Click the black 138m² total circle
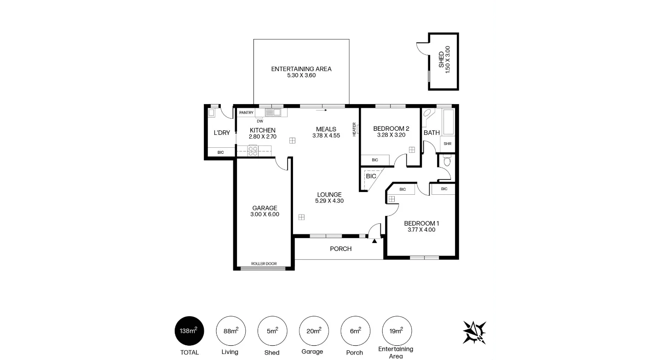tap(189, 331)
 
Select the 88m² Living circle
tap(230, 331)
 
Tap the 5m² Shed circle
tap(272, 331)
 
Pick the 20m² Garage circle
tap(314, 331)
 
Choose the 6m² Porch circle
tap(356, 331)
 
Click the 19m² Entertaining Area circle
tap(397, 331)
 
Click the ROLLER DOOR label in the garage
tap(264, 264)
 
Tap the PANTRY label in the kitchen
tap(247, 112)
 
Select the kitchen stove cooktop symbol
tap(253, 151)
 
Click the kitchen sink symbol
tap(273, 112)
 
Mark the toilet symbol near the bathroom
tap(447, 161)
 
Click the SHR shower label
tap(447, 144)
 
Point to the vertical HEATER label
tap(354, 129)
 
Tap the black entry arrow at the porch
tap(374, 240)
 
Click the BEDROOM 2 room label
tap(391, 128)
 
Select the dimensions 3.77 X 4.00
tap(421, 230)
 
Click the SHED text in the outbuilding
tap(441, 60)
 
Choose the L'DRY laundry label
tap(222, 133)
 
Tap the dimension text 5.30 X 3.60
tap(301, 75)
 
